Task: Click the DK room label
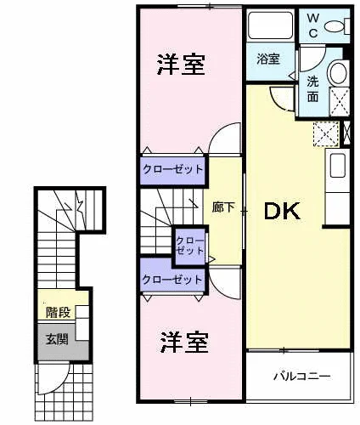tap(282, 212)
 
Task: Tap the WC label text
tap(313, 25)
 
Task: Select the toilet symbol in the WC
tap(337, 26)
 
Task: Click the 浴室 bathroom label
tap(268, 59)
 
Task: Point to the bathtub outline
tap(270, 25)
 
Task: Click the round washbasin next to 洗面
tap(337, 72)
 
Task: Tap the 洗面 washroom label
tap(313, 89)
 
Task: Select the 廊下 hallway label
tap(223, 207)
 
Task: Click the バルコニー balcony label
tap(302, 377)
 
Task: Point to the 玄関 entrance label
tap(58, 339)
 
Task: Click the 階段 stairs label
tap(59, 313)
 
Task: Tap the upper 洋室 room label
tap(181, 65)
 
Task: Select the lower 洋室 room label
tap(185, 343)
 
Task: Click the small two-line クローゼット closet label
tap(190, 246)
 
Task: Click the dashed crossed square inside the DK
tap(326, 133)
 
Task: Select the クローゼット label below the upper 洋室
tap(173, 169)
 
